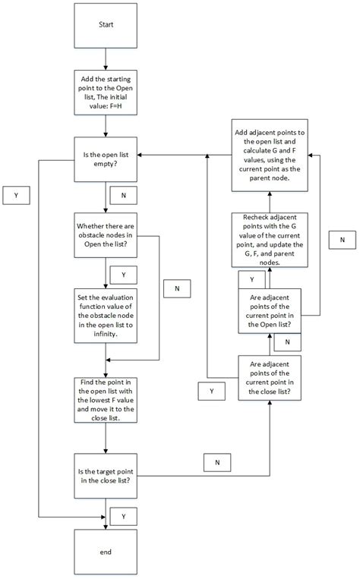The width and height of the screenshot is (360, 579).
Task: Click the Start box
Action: (106, 25)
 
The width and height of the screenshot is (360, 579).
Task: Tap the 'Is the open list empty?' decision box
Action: (106, 159)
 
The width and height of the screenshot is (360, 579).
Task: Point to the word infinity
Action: (106, 334)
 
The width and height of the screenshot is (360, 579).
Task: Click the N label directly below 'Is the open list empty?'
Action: (123, 195)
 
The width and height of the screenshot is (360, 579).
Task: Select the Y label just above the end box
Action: (123, 516)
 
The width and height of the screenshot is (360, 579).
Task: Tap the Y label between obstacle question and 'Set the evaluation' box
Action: (123, 273)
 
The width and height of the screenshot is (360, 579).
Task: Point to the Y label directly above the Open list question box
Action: (251, 278)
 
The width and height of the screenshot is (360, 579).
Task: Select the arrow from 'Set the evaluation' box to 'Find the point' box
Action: (106, 360)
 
